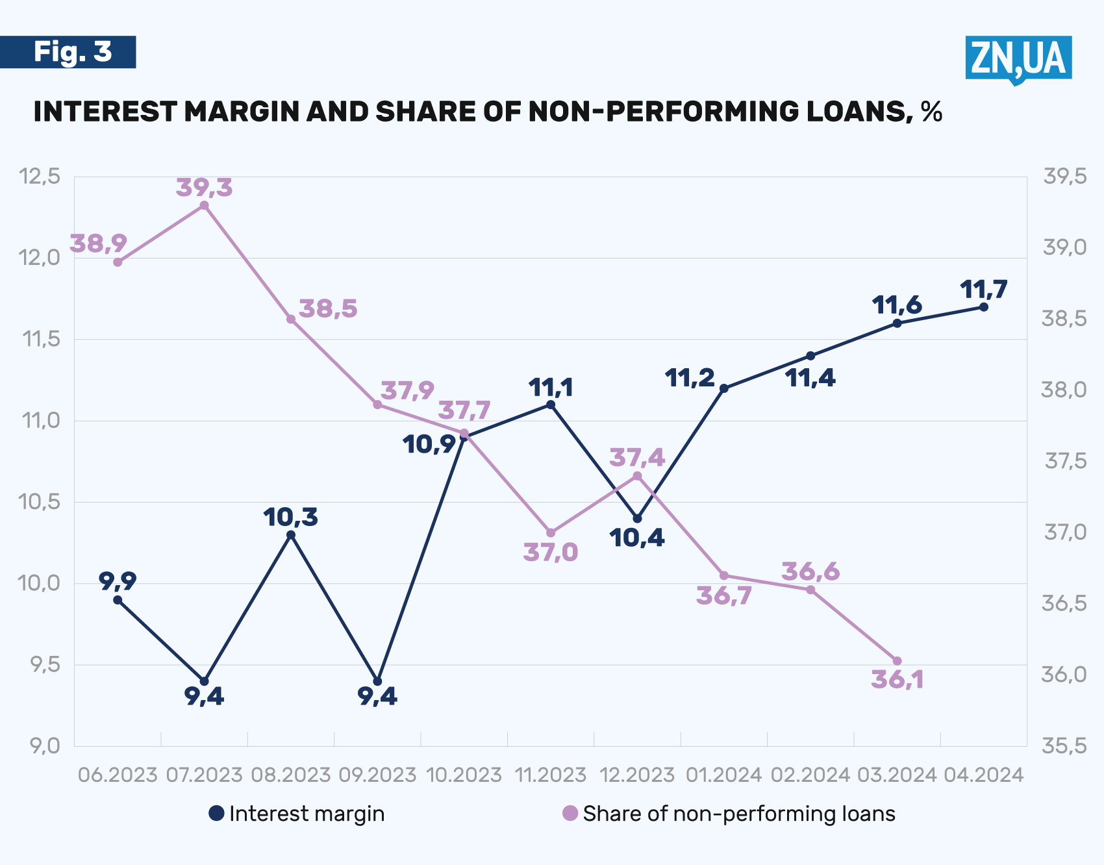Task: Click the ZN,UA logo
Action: [1018, 58]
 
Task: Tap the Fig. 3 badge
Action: [68, 52]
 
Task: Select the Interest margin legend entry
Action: [297, 814]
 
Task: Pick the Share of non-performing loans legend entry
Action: [729, 814]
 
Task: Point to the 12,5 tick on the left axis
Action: [40, 176]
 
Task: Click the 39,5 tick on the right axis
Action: [1064, 176]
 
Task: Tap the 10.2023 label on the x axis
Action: [464, 775]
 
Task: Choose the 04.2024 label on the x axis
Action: [983, 775]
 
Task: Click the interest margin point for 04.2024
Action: [983, 307]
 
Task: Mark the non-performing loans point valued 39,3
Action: [204, 206]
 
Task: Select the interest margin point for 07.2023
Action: [204, 681]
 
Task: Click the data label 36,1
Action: [897, 680]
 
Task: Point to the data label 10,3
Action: [291, 518]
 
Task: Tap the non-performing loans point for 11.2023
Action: [551, 533]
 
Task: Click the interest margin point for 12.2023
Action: [637, 519]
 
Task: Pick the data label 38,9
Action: [99, 244]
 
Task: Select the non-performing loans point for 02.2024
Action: [810, 590]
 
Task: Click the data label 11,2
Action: [690, 378]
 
